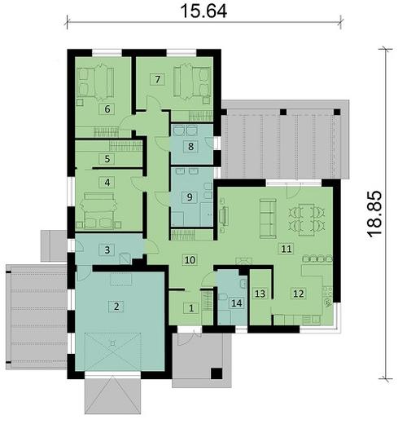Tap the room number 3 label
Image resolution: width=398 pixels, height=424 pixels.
pos(106,250)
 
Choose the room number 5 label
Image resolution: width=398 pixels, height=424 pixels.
pos(106,158)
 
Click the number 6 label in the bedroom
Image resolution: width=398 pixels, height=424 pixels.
pos(106,108)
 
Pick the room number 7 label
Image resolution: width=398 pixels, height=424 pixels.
pos(158,79)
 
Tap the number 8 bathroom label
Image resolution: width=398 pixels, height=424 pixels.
pos(190,147)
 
